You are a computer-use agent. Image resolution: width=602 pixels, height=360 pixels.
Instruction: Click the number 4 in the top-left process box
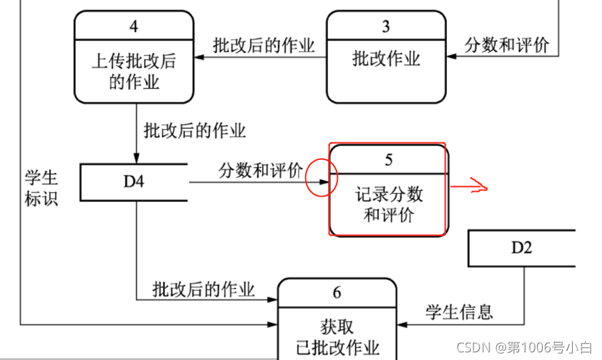click(133, 28)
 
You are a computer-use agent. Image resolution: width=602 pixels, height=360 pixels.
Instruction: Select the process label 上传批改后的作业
click(134, 72)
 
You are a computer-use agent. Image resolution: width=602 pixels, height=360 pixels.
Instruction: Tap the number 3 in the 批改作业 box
click(386, 27)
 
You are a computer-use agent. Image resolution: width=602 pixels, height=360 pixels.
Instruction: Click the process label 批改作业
click(387, 59)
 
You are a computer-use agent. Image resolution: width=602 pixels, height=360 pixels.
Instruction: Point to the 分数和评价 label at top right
click(507, 46)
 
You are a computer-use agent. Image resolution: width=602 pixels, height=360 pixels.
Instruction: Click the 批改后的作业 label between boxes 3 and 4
click(264, 46)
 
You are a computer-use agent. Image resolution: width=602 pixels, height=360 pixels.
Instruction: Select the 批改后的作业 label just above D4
click(195, 130)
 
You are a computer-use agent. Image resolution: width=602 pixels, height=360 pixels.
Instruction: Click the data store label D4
click(134, 182)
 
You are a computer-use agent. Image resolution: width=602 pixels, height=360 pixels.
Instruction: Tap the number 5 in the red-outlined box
click(388, 161)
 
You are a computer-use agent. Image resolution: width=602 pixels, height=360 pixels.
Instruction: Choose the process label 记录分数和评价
click(389, 204)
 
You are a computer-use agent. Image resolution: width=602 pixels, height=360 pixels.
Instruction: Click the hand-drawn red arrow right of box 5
click(471, 186)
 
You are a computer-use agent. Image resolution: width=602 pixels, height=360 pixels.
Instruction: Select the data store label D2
click(521, 247)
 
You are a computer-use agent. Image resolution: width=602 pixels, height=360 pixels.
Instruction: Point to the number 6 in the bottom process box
click(337, 293)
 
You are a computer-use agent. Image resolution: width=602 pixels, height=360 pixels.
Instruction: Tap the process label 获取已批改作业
click(337, 336)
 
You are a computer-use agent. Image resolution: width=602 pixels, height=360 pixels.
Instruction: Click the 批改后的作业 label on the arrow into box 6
click(204, 289)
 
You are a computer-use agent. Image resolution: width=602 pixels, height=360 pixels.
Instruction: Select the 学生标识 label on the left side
click(42, 188)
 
